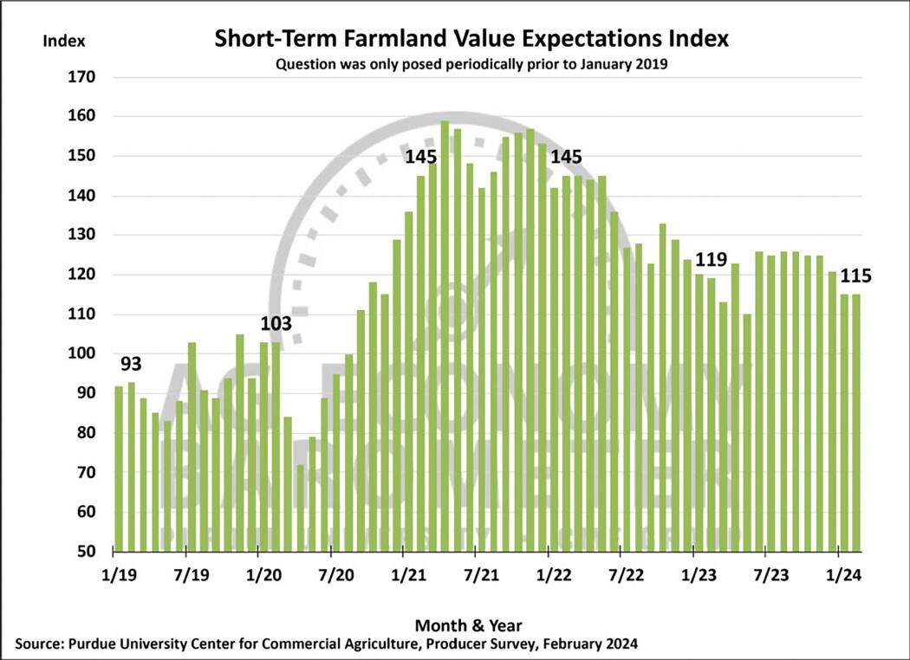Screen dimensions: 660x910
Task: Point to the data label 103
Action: click(x=276, y=324)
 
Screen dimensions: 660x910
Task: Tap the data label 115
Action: click(x=855, y=277)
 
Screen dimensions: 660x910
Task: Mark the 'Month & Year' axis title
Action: click(x=469, y=624)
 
